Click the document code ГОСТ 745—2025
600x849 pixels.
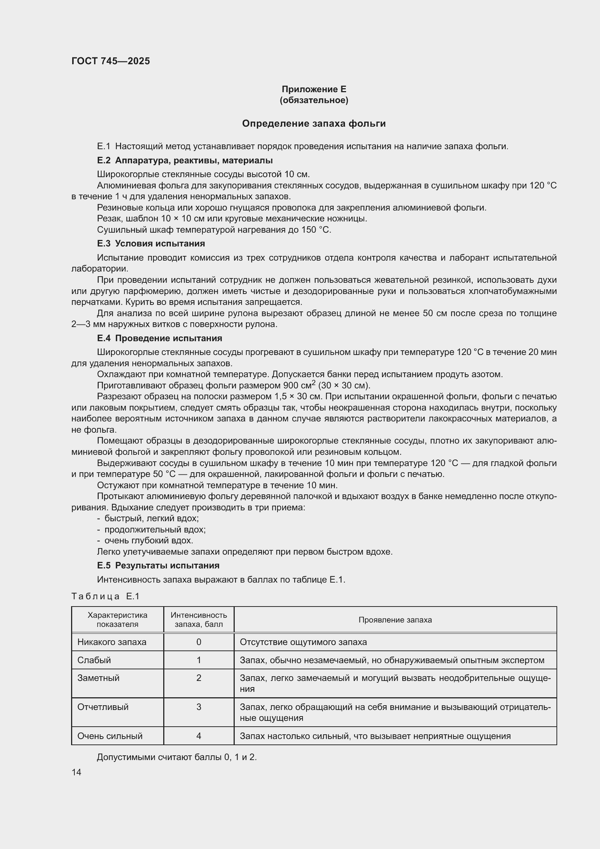click(111, 61)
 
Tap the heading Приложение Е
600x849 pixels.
click(314, 89)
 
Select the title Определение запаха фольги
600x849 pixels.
click(314, 123)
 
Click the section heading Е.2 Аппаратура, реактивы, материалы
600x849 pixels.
click(185, 160)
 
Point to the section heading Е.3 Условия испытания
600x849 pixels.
click(151, 244)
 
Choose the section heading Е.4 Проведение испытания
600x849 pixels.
click(159, 338)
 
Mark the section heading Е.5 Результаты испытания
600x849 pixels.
click(158, 566)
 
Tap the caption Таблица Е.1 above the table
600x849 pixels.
click(105, 596)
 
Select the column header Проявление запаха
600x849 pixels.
click(395, 620)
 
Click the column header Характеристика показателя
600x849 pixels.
click(117, 620)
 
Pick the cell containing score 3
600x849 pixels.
click(198, 707)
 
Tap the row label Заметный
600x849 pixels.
click(98, 678)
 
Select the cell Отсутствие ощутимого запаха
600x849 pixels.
click(303, 642)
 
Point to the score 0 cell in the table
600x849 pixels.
click(198, 642)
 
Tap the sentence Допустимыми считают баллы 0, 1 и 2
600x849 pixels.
click(177, 757)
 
